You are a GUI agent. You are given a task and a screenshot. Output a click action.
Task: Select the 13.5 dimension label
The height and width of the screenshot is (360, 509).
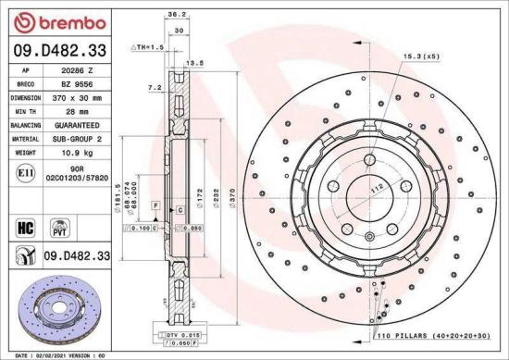pos(195,64)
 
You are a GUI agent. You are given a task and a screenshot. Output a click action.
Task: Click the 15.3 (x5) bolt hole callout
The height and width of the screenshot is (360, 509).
pos(419,58)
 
